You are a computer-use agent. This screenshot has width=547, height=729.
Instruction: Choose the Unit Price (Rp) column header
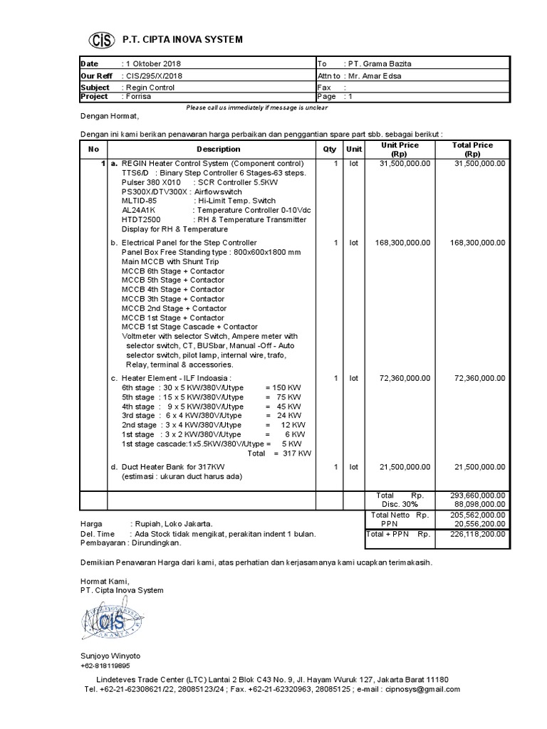click(x=400, y=150)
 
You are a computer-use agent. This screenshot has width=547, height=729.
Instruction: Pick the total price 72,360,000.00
click(x=479, y=379)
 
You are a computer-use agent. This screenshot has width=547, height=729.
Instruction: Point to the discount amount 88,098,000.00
click(x=477, y=505)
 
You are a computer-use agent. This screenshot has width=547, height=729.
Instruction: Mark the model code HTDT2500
click(x=141, y=220)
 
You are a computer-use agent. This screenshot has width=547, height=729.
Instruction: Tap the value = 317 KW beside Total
click(x=288, y=453)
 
